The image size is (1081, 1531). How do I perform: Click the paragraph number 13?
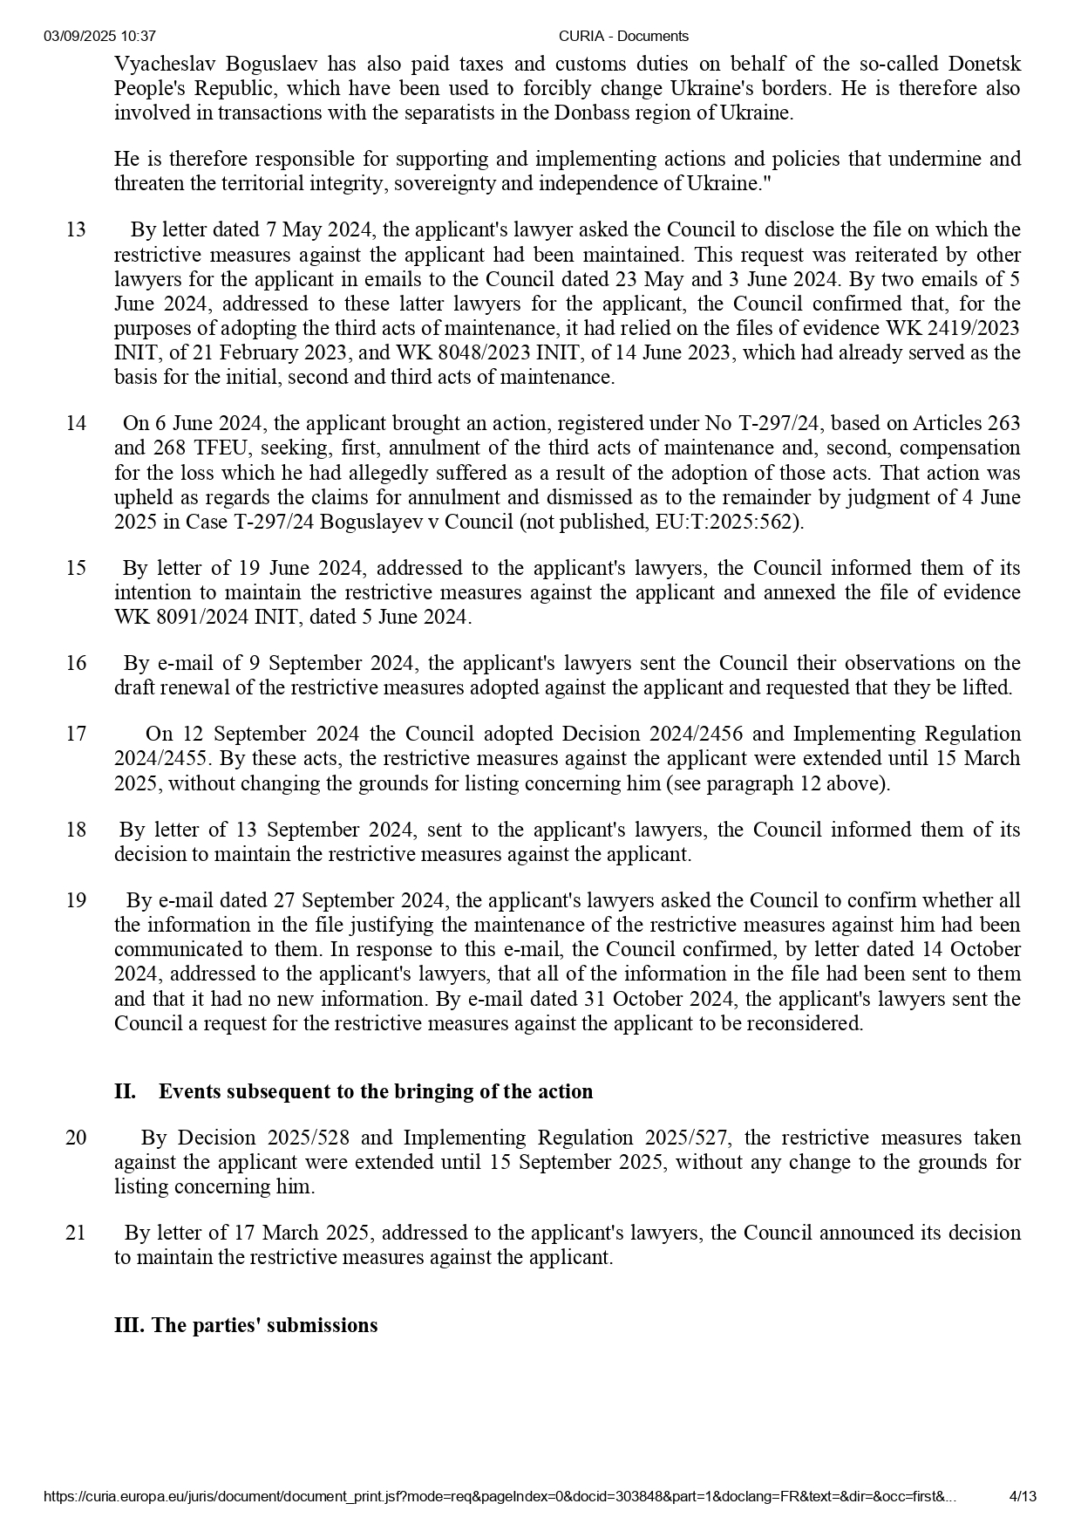(76, 230)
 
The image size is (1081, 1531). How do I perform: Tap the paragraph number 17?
(76, 734)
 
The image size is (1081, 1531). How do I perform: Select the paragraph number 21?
(76, 1233)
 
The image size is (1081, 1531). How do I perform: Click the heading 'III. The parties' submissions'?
(246, 1325)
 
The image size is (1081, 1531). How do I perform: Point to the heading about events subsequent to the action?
(353, 1091)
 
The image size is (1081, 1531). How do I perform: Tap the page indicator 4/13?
(1023, 1497)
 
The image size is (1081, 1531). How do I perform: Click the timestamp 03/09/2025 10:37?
(99, 36)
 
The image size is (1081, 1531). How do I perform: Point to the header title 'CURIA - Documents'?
(623, 36)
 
